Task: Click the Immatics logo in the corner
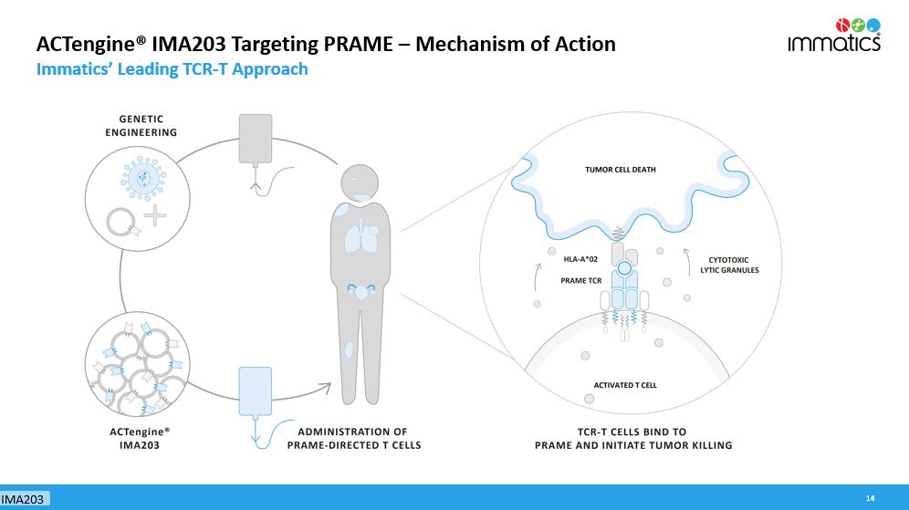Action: click(x=834, y=35)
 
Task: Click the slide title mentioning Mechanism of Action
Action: click(x=325, y=44)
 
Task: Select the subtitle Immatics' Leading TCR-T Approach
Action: click(x=172, y=69)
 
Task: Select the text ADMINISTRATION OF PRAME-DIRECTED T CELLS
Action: click(x=354, y=438)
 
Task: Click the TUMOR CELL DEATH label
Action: click(x=621, y=170)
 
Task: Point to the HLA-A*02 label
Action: click(x=580, y=260)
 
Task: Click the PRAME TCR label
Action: click(x=580, y=281)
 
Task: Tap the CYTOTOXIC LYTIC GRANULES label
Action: click(x=728, y=265)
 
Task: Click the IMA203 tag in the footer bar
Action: click(x=25, y=499)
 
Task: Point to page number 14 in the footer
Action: click(x=870, y=498)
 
